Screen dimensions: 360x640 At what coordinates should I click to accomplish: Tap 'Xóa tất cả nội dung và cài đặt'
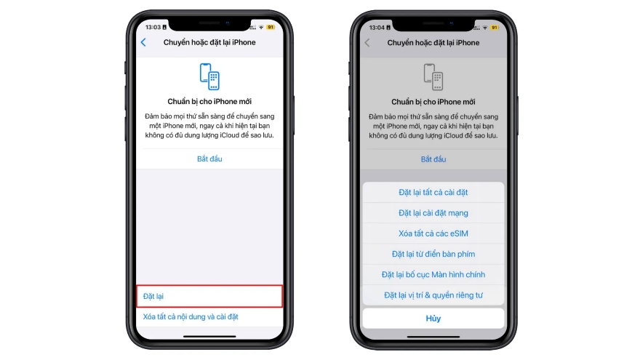point(191,317)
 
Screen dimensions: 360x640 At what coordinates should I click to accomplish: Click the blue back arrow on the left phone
point(143,43)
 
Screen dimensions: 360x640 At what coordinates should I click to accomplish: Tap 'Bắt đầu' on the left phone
point(209,159)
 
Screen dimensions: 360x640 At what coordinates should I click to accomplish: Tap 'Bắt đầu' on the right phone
point(433,159)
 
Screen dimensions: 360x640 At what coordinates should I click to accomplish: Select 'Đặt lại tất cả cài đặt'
point(433,193)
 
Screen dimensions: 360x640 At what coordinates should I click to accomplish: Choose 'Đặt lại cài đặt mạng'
point(433,213)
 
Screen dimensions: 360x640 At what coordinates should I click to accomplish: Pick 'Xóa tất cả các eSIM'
point(433,233)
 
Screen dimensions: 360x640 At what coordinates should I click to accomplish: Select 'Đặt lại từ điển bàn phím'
point(433,254)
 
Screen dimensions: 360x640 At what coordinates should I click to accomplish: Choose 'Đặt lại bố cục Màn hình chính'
point(433,274)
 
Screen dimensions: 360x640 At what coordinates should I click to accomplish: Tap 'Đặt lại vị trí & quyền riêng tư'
point(433,295)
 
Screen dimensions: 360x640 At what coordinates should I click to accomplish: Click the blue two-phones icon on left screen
point(209,76)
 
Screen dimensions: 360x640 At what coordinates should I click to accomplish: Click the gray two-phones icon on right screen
point(433,76)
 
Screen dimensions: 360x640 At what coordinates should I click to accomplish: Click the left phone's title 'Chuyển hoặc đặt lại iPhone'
point(209,43)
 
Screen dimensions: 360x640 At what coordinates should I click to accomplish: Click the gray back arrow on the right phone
point(367,43)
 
